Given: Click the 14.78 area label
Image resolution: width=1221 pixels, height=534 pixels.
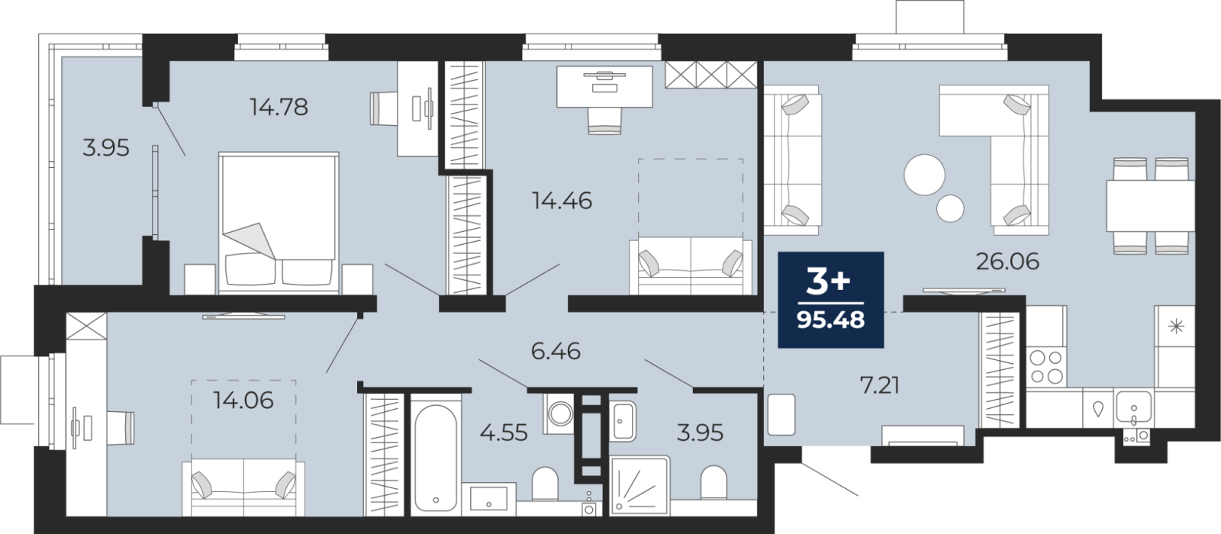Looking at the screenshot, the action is point(279,107).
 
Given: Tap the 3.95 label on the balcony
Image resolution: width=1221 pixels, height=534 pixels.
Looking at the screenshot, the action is point(106,148).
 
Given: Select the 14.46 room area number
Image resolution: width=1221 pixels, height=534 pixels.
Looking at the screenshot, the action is point(562,201).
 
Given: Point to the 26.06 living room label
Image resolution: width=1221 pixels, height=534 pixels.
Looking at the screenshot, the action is point(1007,262).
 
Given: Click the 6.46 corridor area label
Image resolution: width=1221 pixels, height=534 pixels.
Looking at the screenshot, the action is point(556,351).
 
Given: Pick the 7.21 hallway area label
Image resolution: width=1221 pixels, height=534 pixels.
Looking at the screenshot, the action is point(879,386).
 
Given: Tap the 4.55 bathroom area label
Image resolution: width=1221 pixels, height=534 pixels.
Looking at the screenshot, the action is point(504,433).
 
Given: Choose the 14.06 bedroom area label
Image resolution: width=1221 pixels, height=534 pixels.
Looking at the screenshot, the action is point(243,400).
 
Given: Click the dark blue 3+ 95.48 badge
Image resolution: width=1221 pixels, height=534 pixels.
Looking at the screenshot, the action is point(831,300).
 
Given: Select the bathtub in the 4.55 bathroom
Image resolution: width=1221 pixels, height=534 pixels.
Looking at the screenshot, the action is point(436,458).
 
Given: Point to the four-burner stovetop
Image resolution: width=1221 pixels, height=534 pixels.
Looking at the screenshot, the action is point(1046,367).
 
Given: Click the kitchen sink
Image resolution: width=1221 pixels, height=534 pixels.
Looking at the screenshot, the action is point(1134,407).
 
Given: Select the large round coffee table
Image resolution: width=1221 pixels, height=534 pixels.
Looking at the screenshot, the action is point(924,175).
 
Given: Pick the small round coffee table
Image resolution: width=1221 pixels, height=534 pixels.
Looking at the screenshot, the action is point(950,208).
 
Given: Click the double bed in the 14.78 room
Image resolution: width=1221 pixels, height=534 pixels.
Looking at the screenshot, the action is point(279,223).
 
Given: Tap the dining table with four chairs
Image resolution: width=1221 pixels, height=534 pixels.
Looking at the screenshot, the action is point(1151,206).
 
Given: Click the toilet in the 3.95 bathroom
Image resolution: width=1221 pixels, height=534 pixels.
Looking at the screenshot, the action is point(714,482).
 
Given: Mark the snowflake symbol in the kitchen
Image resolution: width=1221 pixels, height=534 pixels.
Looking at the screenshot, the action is point(1177,327).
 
